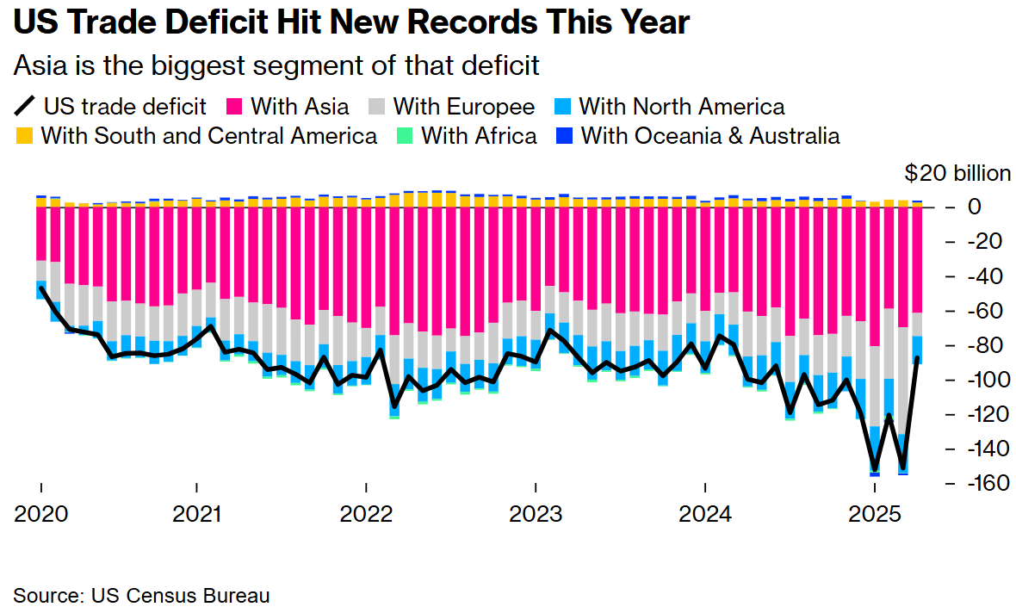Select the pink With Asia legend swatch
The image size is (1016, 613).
235,107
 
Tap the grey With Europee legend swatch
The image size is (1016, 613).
377,107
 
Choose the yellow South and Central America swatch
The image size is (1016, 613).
25,136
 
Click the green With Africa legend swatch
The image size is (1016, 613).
405,136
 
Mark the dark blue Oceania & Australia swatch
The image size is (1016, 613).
565,136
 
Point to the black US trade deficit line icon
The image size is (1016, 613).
25,107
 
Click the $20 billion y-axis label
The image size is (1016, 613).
957,173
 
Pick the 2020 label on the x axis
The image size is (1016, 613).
41,515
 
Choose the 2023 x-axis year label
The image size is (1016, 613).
536,515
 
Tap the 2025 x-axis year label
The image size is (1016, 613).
875,515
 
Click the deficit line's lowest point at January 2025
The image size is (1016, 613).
875,470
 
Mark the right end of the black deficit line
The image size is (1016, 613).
918,358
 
